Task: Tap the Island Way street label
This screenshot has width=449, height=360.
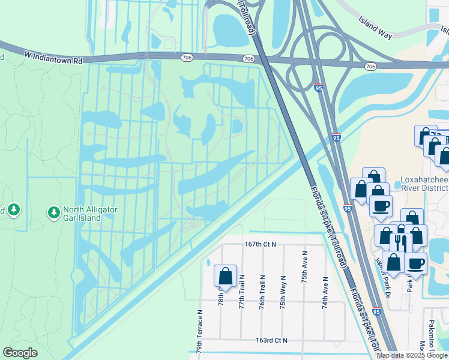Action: [x=376, y=28]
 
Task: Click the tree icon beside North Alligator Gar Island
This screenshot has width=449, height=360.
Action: [x=54, y=212]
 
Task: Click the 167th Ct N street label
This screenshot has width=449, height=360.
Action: [x=260, y=244]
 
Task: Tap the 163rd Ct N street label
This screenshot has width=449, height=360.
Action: [x=272, y=340]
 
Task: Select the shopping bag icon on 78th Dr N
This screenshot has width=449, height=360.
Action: [x=225, y=276]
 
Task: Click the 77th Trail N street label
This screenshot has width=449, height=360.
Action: [x=242, y=292]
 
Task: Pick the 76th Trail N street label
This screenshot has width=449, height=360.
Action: [x=262, y=292]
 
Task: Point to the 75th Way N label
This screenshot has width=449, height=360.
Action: [x=283, y=292]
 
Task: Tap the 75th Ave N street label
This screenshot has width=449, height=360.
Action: [x=304, y=264]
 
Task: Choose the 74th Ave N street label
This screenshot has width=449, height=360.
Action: [x=325, y=292]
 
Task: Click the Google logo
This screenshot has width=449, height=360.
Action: [x=20, y=353]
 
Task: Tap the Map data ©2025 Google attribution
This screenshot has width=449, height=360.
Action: [x=412, y=355]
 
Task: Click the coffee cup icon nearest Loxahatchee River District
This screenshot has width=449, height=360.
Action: [x=380, y=206]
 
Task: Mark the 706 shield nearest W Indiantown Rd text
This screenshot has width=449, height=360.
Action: [x=187, y=58]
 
